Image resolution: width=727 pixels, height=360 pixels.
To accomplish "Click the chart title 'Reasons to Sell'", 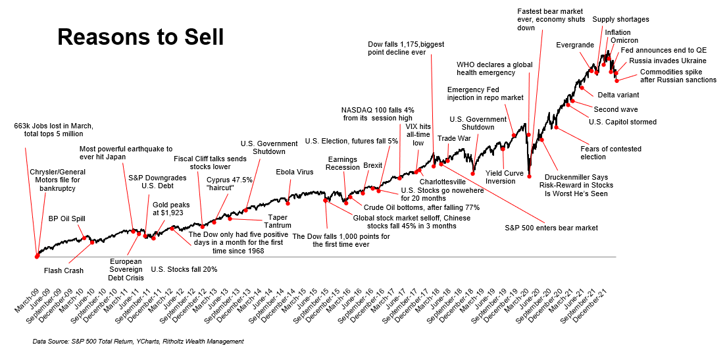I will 140,37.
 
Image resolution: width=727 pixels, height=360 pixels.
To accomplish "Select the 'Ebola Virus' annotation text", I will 295,172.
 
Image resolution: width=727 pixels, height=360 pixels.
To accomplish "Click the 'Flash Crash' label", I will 63,270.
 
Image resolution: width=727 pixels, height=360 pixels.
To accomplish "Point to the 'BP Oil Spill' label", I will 67,219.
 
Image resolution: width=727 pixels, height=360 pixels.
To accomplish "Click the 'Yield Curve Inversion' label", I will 505,177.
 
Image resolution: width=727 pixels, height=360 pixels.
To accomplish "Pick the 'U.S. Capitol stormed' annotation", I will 622,122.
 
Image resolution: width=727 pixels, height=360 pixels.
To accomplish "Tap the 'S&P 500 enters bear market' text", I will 547,228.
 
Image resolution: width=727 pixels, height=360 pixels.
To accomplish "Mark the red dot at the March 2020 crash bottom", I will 529,176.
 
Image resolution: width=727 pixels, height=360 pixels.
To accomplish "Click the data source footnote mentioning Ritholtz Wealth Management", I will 138,342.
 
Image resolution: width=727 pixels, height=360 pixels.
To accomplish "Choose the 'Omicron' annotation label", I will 624,41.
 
